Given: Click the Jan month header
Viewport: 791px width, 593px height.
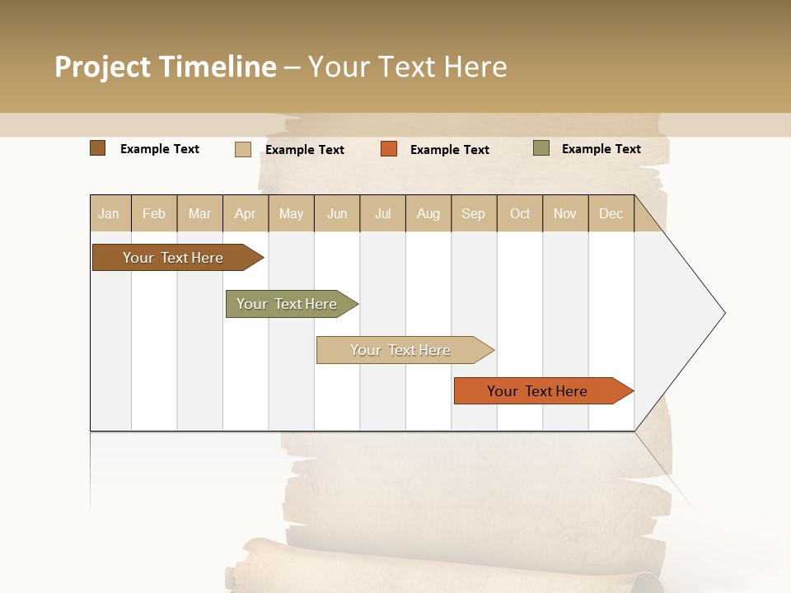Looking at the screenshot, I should tap(109, 213).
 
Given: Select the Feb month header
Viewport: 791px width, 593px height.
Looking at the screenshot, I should tap(154, 213).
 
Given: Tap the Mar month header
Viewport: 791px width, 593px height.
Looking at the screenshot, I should tap(199, 213).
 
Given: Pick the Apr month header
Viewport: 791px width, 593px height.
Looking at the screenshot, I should tap(246, 213).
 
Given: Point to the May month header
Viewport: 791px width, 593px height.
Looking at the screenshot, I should tap(291, 213).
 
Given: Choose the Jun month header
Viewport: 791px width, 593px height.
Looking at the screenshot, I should tap(337, 213).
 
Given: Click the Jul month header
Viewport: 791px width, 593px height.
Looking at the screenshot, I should tap(382, 213).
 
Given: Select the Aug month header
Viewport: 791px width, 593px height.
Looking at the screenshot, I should tap(428, 213).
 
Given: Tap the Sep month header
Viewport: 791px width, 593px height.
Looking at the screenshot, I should tap(474, 213).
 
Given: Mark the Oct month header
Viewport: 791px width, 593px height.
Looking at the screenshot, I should tap(520, 213).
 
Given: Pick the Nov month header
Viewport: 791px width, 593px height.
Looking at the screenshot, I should tap(565, 213).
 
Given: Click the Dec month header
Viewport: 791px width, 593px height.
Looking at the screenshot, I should tap(611, 213).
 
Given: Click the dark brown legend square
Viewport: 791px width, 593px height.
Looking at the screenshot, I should tap(97, 148).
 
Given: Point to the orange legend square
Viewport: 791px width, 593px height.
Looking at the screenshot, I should tap(389, 149).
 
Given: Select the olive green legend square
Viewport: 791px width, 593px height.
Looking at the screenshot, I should tap(541, 148).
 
